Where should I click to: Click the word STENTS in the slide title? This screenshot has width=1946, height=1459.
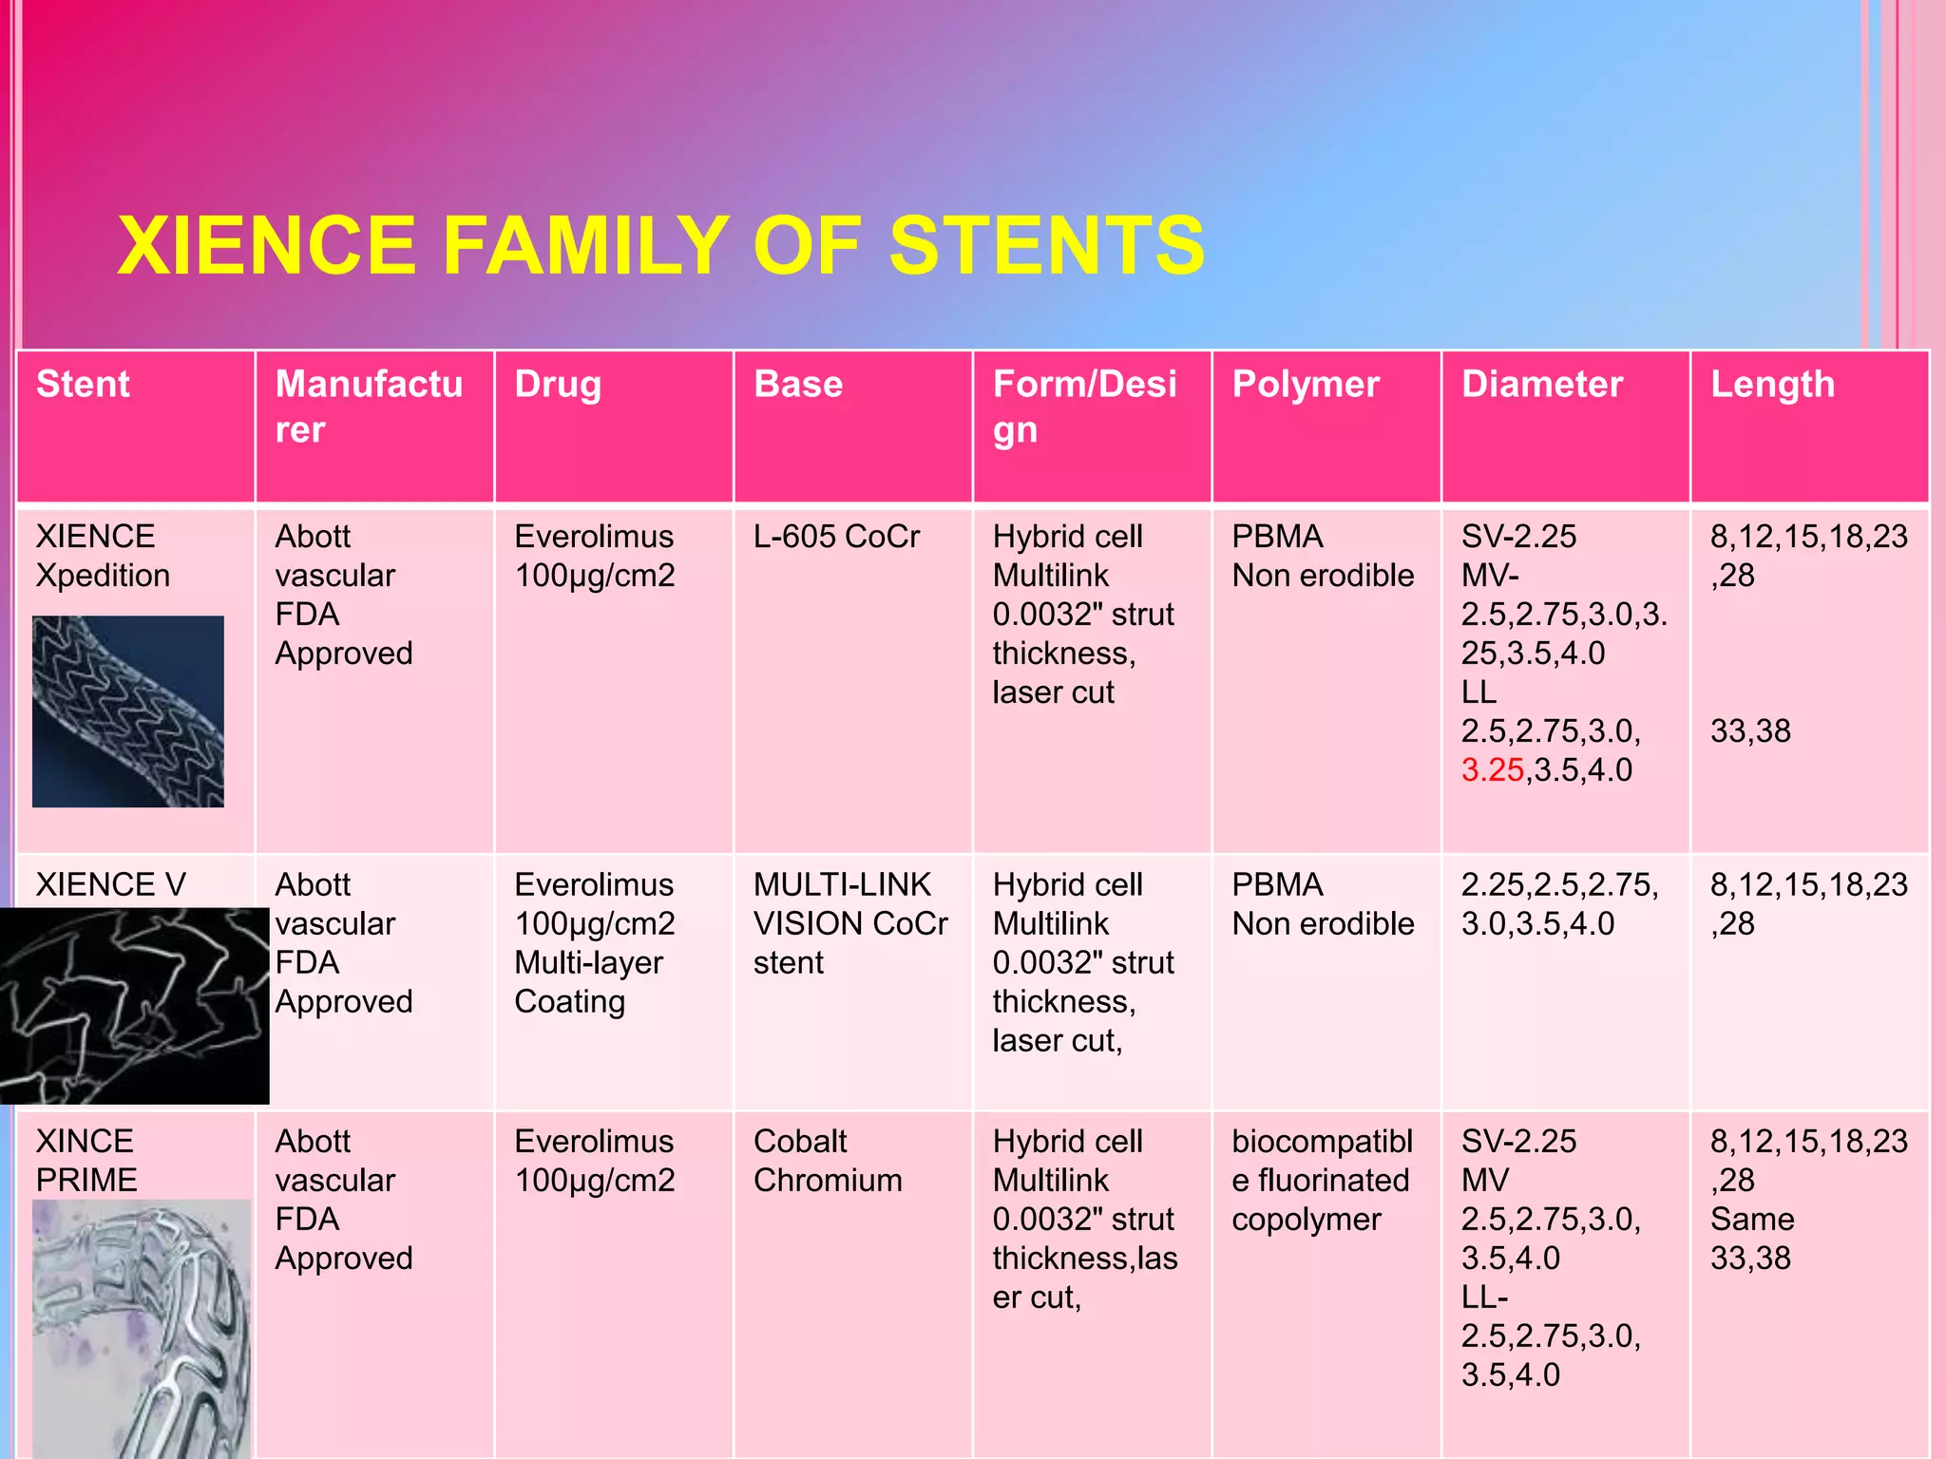(x=1046, y=246)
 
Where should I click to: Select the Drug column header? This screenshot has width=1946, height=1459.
(x=558, y=385)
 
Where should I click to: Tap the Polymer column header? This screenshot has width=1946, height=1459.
(x=1306, y=385)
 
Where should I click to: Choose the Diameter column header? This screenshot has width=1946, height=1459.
(x=1542, y=385)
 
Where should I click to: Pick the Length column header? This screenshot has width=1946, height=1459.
(x=1772, y=385)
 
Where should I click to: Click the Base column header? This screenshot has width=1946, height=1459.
(x=798, y=385)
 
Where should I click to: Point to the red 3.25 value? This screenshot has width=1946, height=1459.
(x=1492, y=770)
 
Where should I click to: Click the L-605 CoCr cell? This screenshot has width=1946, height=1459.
(x=836, y=537)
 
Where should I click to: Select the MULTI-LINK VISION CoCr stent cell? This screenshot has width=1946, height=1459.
(x=849, y=923)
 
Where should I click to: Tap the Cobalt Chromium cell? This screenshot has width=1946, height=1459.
(x=828, y=1161)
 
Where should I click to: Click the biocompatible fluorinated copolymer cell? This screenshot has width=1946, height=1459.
(x=1322, y=1181)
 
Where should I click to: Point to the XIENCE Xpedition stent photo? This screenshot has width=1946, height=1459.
(x=128, y=711)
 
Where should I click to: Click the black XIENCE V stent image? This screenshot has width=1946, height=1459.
(x=134, y=1005)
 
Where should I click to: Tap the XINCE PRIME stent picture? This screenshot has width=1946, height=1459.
(x=142, y=1327)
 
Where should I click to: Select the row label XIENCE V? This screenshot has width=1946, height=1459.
(x=110, y=885)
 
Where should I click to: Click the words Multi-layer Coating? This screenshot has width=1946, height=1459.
(x=588, y=982)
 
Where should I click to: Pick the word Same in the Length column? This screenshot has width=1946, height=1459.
(x=1752, y=1220)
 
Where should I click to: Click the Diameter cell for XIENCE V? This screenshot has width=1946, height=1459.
(x=1559, y=904)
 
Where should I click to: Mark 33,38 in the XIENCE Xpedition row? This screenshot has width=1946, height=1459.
(x=1750, y=731)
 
